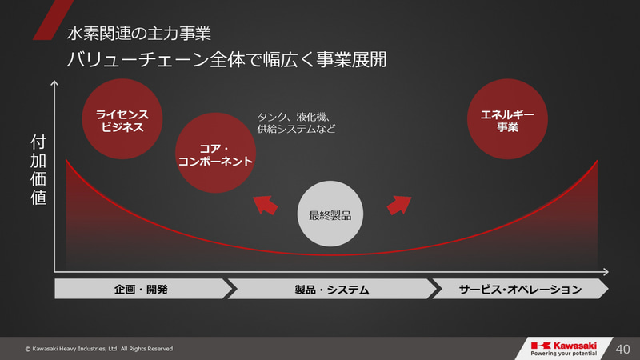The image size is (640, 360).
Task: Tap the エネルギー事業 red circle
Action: [507, 121]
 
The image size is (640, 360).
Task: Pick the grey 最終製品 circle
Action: [330, 214]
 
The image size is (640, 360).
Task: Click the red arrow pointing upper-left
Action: [266, 206]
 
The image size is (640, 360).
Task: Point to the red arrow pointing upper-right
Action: [398, 205]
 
